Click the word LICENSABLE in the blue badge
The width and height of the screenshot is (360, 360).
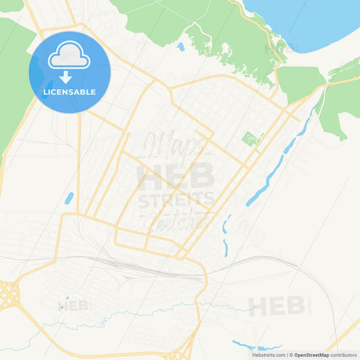pyautogui.click(x=70, y=92)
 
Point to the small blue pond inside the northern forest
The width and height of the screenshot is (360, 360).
pyautogui.click(x=180, y=47)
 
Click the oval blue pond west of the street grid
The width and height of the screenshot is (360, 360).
pyautogui.click(x=69, y=199)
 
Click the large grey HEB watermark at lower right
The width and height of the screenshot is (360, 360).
pyautogui.click(x=277, y=306)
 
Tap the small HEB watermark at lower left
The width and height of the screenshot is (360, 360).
pyautogui.click(x=74, y=305)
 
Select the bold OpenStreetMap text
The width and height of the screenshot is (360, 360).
pyautogui.click(x=311, y=355)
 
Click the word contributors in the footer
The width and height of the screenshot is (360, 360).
pyautogui.click(x=343, y=355)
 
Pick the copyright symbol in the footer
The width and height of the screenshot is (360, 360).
pyautogui.click(x=290, y=355)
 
